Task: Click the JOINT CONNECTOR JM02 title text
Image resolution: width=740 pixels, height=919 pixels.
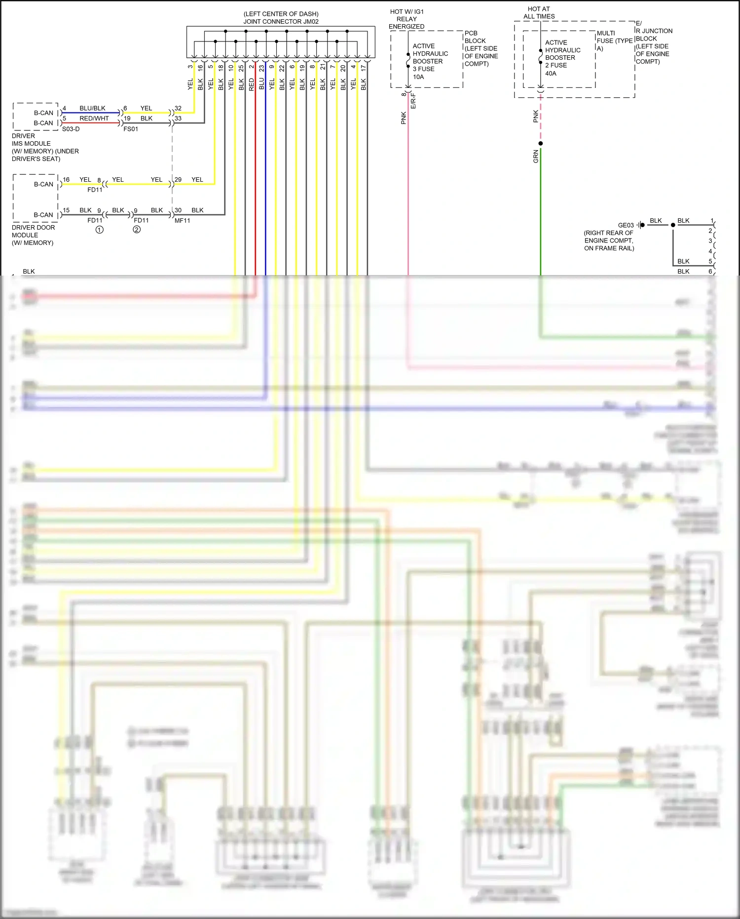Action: pos(281,21)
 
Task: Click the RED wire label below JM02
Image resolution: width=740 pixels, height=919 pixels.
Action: pos(252,84)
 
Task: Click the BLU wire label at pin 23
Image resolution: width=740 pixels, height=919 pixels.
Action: pos(262,84)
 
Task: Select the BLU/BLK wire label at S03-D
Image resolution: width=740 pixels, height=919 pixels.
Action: pos(92,108)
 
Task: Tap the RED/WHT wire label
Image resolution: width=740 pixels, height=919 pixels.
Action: pos(94,119)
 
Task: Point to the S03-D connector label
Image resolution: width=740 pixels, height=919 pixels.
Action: pos(71,129)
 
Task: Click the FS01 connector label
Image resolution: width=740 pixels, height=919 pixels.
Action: pos(131,129)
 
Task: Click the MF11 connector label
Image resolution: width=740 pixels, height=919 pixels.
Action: pos(182,221)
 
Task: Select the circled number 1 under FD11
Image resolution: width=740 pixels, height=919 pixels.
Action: pos(100,230)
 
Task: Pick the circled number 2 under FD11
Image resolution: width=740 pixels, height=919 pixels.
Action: pos(137,230)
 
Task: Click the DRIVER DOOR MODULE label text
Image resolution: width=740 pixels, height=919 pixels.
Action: pos(33,235)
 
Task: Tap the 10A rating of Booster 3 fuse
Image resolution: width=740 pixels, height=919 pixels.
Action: pos(418,77)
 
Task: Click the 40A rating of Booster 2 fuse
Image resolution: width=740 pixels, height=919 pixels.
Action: pos(551,73)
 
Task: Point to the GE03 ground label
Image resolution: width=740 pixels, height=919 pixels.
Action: pos(626,225)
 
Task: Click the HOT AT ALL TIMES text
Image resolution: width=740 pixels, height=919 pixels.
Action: pos(539,13)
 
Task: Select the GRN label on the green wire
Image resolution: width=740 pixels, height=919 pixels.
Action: pos(536,157)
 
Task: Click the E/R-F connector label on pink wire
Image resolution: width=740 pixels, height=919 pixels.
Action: pos(413,101)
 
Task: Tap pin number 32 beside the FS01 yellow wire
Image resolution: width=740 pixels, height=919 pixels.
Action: pos(178,108)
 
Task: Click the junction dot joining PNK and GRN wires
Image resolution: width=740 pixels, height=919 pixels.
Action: pos(541,144)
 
